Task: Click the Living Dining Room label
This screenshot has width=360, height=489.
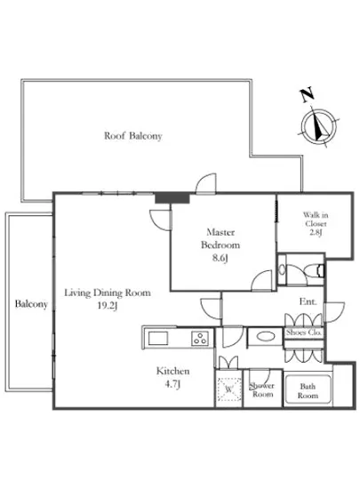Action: [x=107, y=292]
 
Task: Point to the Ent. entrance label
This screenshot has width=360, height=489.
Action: [x=308, y=302]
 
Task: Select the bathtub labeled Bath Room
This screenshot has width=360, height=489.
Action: [x=308, y=389]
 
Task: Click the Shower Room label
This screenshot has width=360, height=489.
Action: [x=263, y=389]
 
